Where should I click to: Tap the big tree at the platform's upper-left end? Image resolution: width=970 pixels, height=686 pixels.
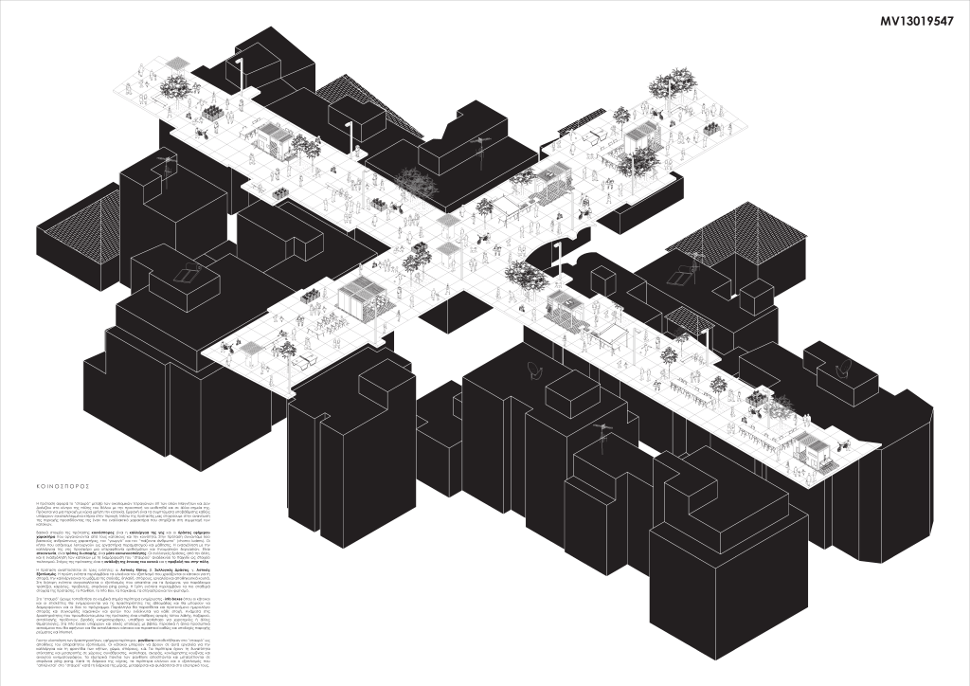pos(176,87)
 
